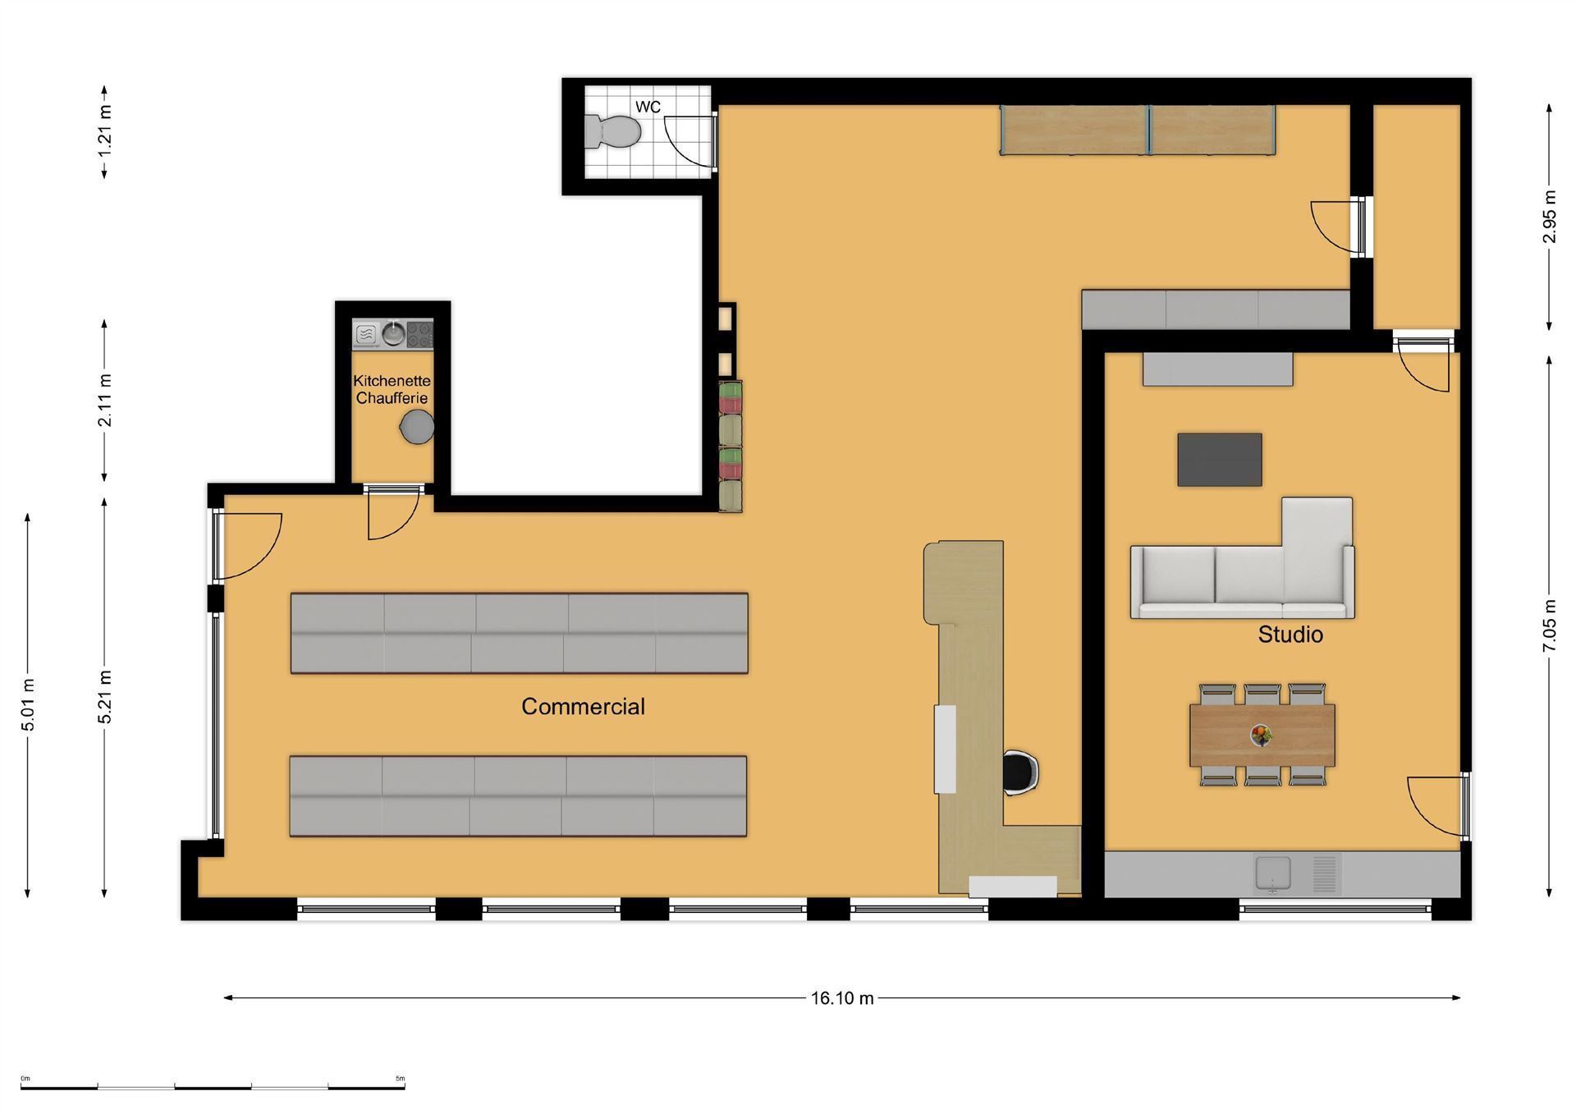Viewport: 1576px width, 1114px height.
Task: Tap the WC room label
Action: click(648, 107)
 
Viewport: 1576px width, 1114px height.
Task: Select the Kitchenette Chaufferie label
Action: click(392, 389)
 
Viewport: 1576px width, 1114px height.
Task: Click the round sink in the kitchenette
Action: click(393, 334)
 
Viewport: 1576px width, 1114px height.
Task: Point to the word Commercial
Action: click(583, 706)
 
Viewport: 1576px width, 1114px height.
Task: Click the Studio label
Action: click(1290, 635)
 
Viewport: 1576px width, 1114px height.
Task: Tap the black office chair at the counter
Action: click(1021, 773)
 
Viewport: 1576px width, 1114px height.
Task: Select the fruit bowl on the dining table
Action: click(1262, 735)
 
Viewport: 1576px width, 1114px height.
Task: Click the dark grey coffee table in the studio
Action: click(1220, 460)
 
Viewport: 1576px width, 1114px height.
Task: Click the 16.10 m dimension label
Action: click(842, 998)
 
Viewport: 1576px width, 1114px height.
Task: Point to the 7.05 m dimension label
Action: click(1549, 626)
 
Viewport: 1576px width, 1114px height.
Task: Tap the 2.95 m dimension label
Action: click(1549, 217)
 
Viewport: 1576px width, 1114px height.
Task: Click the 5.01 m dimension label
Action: click(28, 704)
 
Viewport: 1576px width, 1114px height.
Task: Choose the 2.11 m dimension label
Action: click(105, 401)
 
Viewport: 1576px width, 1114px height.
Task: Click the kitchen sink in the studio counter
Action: click(1272, 873)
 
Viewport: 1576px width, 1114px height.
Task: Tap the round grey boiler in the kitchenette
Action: click(417, 427)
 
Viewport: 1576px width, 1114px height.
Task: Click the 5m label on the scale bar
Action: click(400, 1078)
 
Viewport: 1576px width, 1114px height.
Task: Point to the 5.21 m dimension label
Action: click(105, 698)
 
